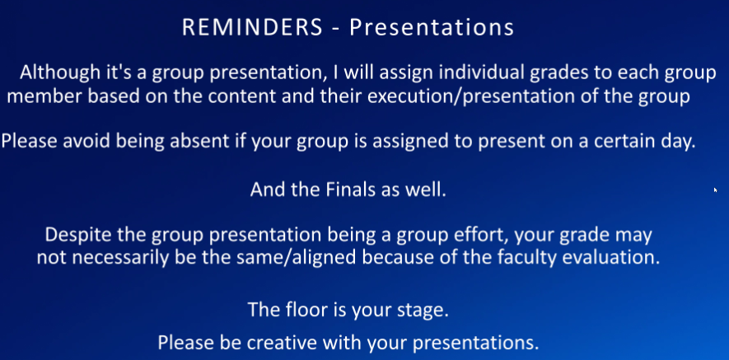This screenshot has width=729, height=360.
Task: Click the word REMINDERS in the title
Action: click(x=252, y=27)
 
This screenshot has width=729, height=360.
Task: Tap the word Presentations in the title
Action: click(x=432, y=27)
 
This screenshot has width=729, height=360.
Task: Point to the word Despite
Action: click(x=77, y=236)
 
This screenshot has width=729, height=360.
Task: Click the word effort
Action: click(x=477, y=235)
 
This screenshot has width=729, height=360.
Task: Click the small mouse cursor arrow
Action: click(x=716, y=189)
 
